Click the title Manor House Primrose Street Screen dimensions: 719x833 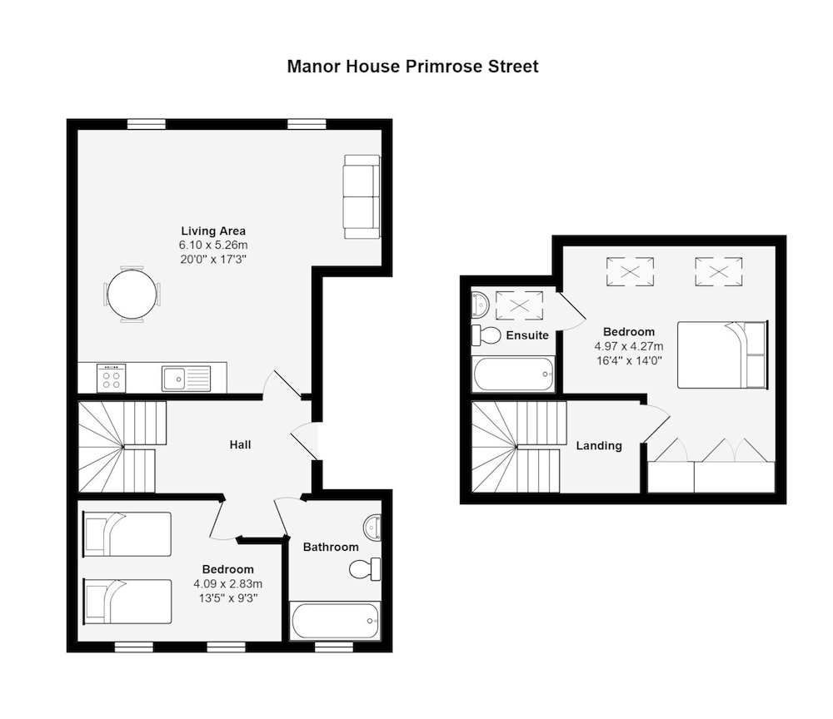click(412, 67)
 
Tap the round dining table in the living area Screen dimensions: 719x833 click(132, 294)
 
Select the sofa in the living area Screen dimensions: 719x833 click(362, 196)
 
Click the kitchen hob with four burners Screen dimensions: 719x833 click(111, 379)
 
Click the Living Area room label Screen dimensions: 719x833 click(213, 231)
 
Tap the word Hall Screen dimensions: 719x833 click(240, 445)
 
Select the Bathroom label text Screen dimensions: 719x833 click(331, 547)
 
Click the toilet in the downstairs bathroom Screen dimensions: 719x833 click(364, 569)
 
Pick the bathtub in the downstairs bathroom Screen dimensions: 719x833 click(335, 621)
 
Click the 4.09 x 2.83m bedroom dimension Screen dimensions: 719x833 click(227, 583)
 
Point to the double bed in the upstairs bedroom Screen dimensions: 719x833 click(721, 355)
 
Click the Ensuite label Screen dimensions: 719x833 click(527, 335)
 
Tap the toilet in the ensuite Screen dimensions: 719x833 click(486, 335)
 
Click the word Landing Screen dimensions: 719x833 click(599, 445)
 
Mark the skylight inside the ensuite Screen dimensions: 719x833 click(519, 305)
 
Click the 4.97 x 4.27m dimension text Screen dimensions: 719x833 click(629, 346)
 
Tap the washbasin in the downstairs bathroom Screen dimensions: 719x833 click(373, 527)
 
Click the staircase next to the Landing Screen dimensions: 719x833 click(516, 448)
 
